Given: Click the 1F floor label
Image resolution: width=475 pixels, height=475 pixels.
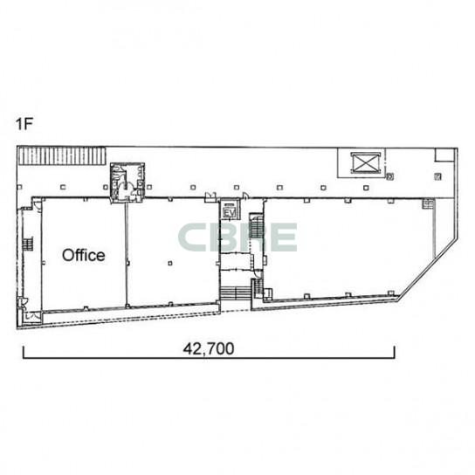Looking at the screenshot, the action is [24, 123].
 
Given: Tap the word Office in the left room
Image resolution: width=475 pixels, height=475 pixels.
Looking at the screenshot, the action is [84, 255].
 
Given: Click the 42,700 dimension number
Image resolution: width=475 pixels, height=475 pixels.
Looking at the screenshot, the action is [209, 348].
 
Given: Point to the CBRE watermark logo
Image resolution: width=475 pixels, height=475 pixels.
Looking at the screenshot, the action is [237, 237].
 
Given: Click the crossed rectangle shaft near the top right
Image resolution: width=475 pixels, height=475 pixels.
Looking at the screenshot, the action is [365, 163].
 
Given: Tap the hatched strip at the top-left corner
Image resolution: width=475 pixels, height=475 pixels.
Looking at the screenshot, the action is [62, 155].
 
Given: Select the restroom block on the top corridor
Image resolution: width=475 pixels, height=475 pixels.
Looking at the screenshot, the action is [127, 182].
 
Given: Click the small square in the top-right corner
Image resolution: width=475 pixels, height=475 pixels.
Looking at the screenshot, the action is [444, 155].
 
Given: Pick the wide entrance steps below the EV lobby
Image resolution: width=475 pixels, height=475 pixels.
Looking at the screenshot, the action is [236, 293].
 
